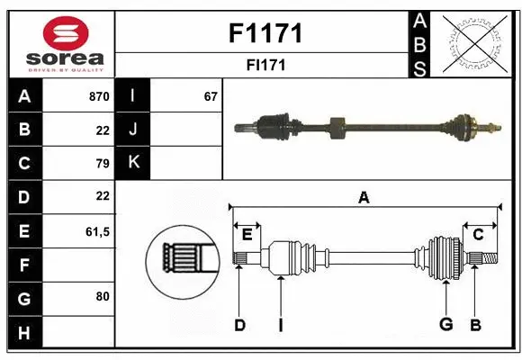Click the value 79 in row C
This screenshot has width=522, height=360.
[x=102, y=163]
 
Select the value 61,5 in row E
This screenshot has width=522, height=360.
[x=96, y=231]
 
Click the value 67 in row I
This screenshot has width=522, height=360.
[x=211, y=95]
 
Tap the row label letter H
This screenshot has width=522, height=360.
[x=23, y=333]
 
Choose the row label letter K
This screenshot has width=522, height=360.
[x=133, y=163]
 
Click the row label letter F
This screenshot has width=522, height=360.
[x=23, y=265]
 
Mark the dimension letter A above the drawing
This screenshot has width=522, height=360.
[x=364, y=198]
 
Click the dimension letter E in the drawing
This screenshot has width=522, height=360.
[x=247, y=234]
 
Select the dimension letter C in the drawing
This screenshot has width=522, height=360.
[x=478, y=234]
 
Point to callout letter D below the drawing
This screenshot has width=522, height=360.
[x=239, y=325]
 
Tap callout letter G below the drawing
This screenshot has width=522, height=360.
[x=445, y=325]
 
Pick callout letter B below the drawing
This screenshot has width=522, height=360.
[x=476, y=325]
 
